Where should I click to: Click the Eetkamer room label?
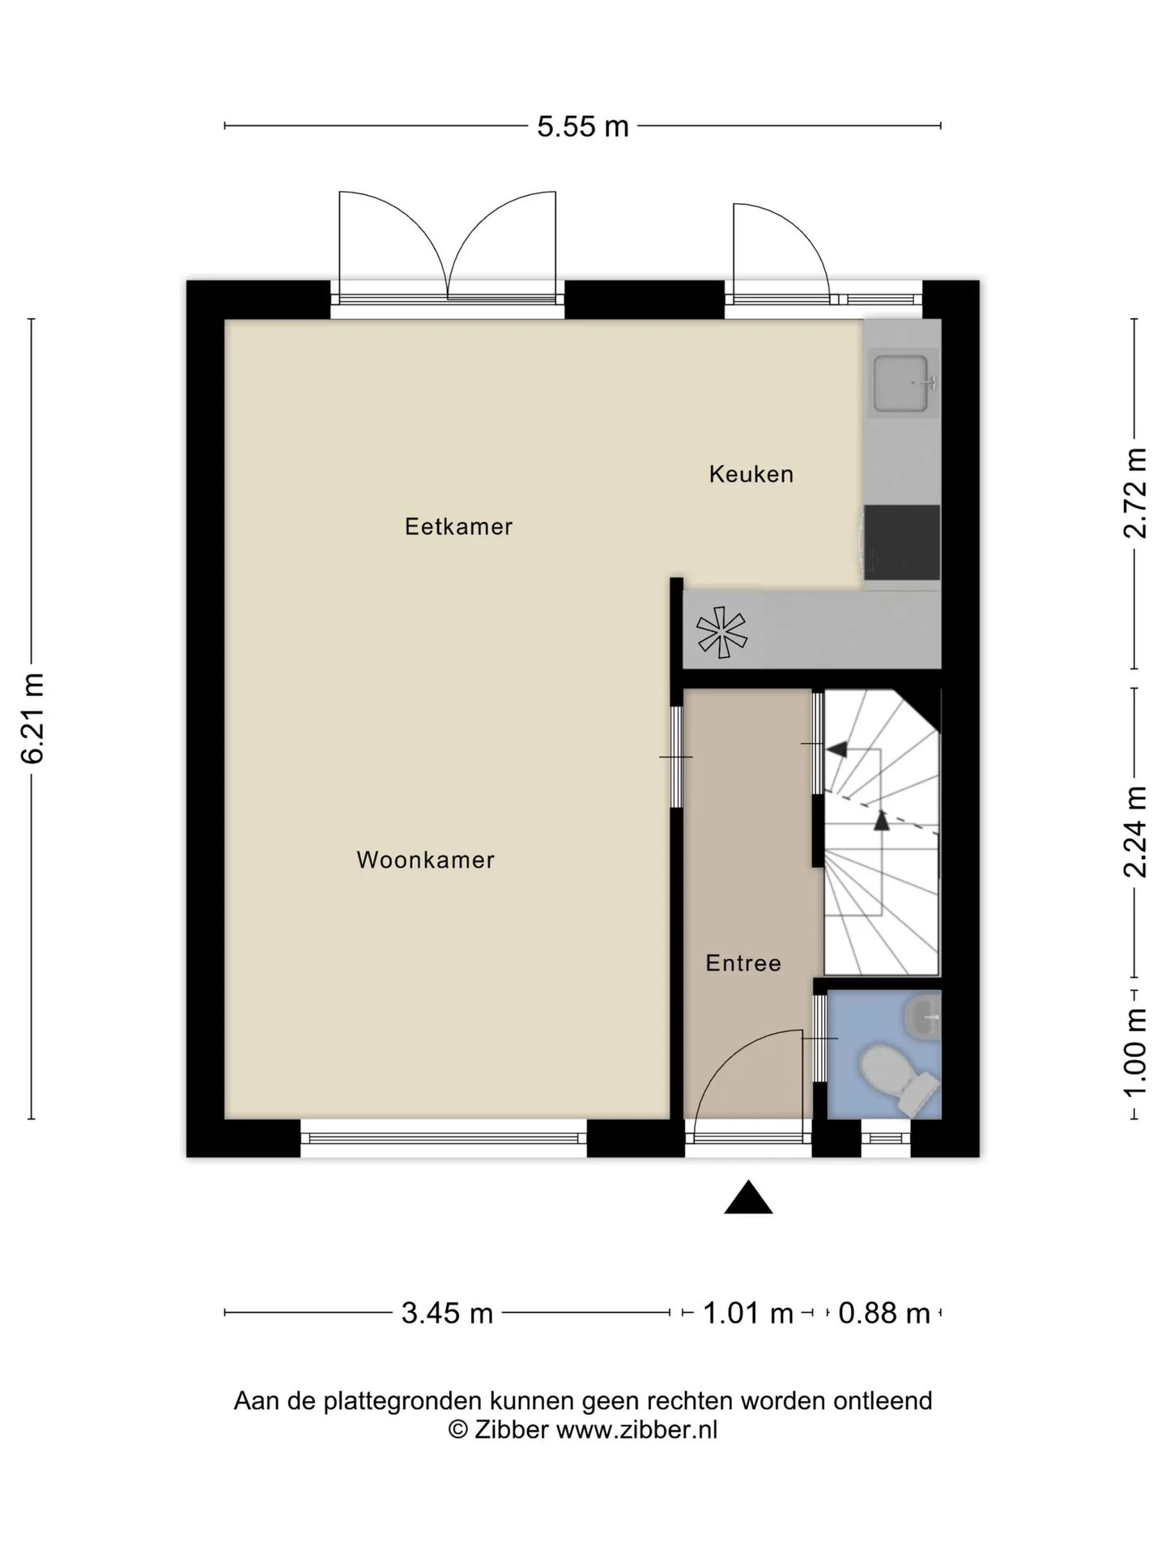(458, 527)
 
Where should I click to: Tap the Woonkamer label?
(425, 860)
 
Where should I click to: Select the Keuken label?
(751, 474)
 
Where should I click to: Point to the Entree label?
(743, 963)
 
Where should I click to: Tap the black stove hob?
(902, 542)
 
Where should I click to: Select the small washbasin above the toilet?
(922, 1016)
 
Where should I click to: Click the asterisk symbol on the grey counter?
(721, 631)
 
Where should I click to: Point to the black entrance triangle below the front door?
(748, 1198)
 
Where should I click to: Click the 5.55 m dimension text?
(583, 126)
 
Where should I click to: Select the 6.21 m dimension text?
(32, 718)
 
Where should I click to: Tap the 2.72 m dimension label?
(1135, 492)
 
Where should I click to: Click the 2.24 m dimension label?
(1135, 832)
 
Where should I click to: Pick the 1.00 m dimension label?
(1135, 1051)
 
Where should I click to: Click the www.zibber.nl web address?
(637, 1430)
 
